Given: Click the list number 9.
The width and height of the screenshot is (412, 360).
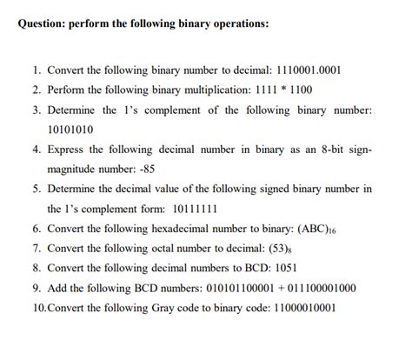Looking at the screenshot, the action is tap(36, 289).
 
